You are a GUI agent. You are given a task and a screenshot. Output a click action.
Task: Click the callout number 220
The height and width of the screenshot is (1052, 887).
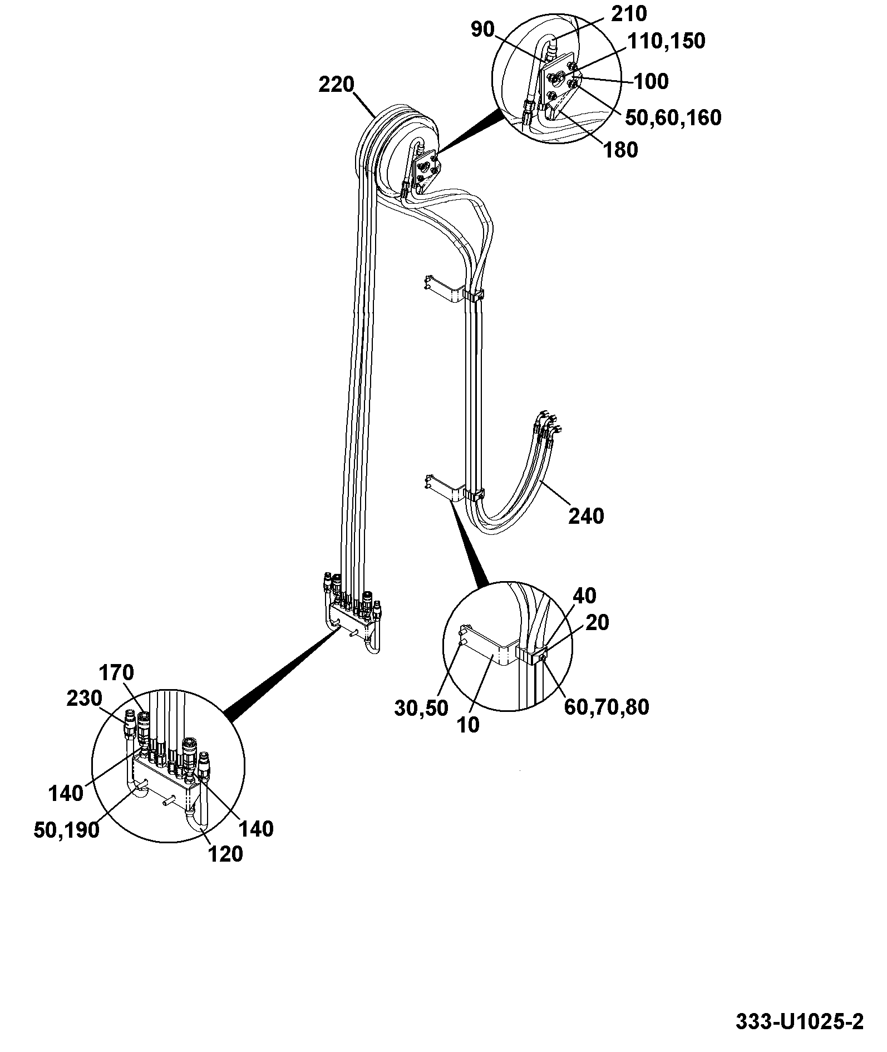point(337,85)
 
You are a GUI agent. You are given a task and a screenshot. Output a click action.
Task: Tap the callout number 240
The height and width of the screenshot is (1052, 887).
point(586,516)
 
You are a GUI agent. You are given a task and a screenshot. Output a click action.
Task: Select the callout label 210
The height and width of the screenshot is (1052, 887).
point(629,13)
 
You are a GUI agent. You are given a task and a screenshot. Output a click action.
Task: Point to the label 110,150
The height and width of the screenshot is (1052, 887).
point(667,41)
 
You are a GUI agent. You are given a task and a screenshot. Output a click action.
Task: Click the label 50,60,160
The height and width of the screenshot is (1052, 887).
point(673,117)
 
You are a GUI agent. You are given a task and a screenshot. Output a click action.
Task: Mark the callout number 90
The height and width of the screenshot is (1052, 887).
point(482,30)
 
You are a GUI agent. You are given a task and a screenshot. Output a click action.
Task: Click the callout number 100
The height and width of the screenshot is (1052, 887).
point(651,81)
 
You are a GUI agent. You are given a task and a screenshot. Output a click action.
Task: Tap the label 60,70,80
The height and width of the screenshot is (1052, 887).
point(607,707)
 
